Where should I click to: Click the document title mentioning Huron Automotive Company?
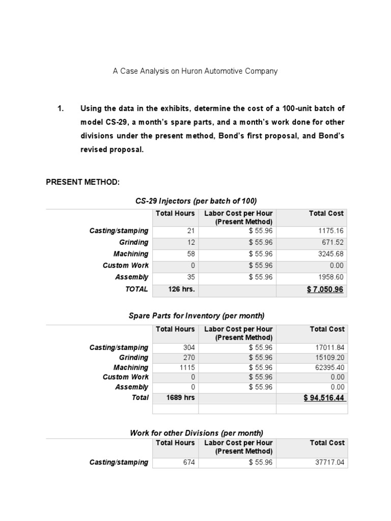195,71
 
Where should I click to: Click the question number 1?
61,108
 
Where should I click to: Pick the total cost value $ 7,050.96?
325,289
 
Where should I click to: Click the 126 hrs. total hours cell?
175,289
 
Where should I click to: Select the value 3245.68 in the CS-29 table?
330,254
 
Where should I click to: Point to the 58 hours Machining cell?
184,254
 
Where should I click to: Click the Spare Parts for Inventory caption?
197,316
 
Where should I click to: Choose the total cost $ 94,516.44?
325,398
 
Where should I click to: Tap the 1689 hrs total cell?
175,398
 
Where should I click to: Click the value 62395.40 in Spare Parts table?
330,367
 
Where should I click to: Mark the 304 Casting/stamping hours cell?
182,348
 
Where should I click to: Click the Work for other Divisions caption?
197,433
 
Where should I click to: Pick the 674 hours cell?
182,462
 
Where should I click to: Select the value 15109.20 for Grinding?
330,357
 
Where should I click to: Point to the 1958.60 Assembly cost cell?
330,277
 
